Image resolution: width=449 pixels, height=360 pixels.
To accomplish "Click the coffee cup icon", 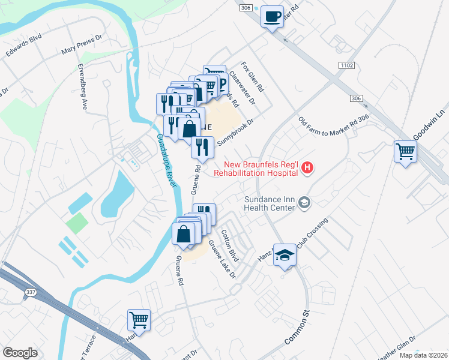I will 272,16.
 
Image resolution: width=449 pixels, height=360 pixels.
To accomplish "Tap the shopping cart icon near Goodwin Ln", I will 405,151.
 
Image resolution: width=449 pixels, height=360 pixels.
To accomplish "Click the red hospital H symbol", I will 307,169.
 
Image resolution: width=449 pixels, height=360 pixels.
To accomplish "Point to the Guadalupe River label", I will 167,161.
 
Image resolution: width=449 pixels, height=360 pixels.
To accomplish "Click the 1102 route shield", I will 346,65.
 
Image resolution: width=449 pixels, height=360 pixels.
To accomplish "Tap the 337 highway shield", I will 31,292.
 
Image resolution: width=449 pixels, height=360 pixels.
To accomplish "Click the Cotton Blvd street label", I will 231,246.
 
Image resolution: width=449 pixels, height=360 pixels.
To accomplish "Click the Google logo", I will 20,353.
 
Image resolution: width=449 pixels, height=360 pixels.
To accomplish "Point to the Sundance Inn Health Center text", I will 270,203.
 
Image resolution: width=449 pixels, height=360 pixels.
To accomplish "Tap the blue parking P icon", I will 221,85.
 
